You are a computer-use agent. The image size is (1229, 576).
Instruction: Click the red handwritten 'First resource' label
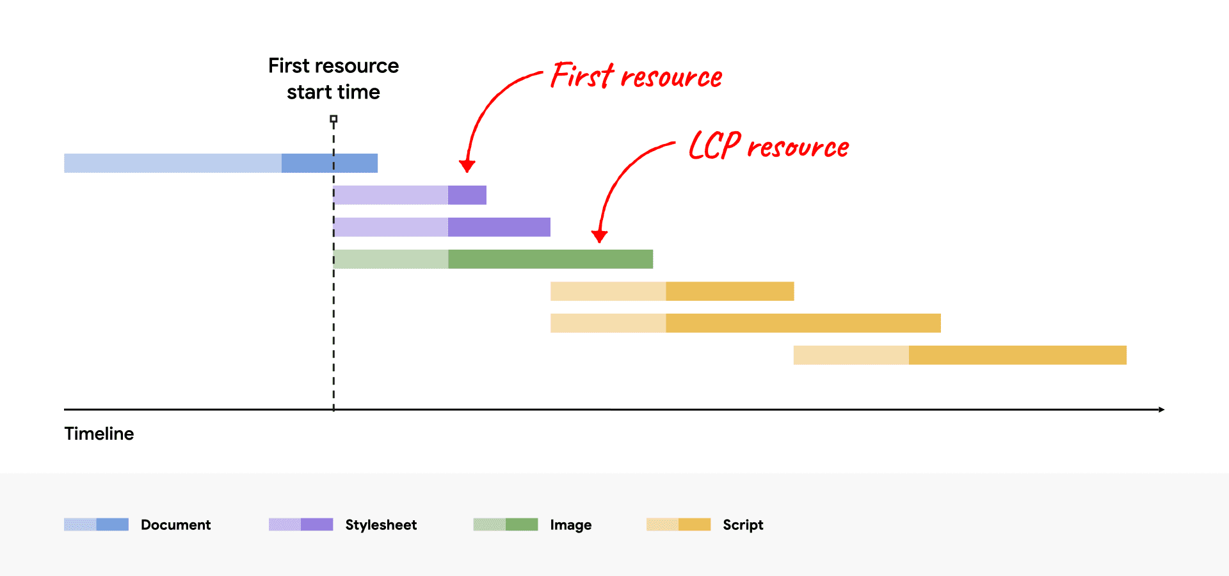636,77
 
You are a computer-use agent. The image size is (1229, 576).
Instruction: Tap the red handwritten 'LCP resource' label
768,146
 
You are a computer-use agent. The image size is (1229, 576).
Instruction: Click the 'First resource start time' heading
333,79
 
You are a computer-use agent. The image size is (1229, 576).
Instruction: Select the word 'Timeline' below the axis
99,434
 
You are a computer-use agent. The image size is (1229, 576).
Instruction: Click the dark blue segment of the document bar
330,163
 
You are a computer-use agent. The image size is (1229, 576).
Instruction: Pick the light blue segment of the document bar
173,163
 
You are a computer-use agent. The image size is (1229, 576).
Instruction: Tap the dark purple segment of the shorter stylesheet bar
467,195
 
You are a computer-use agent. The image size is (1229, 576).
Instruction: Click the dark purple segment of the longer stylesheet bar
499,227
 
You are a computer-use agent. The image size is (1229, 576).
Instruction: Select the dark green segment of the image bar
550,259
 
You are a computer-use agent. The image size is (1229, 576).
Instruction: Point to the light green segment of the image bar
391,259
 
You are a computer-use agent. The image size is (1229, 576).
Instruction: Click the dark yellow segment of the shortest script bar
730,291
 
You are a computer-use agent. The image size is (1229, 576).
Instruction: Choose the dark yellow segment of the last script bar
1018,355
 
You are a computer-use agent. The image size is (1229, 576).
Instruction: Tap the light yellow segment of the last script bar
851,355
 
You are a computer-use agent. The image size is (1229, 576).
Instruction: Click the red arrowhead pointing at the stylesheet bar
467,166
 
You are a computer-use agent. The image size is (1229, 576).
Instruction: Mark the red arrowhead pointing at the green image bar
599,236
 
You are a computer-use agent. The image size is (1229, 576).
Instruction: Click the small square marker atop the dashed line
333,119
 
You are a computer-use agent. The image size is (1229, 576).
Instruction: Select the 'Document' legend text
175,525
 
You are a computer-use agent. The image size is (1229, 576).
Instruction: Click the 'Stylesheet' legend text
381,525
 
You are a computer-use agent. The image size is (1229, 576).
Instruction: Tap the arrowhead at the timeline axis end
1161,410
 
